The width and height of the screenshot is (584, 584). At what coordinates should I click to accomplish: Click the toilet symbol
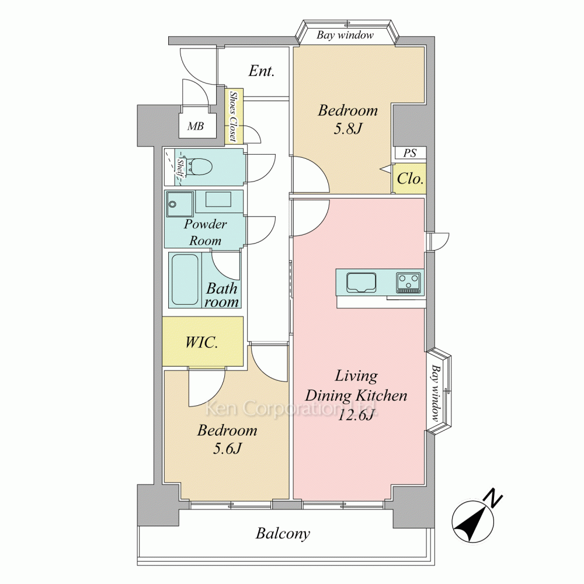tap(200, 166)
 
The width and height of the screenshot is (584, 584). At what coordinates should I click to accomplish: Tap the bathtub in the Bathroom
tap(185, 279)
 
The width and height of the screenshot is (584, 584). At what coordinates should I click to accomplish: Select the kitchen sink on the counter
tap(361, 282)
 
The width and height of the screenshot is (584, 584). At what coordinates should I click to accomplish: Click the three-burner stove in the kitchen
tap(409, 282)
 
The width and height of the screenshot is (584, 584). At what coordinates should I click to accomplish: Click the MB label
tap(196, 127)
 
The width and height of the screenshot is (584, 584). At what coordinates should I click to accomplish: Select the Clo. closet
tap(410, 179)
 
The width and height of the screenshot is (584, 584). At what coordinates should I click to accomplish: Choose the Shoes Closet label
tap(234, 117)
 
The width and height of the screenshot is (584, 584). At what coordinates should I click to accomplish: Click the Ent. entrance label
tap(262, 71)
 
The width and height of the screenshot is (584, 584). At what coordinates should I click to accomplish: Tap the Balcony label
tap(283, 534)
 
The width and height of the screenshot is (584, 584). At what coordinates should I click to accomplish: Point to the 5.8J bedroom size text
tap(347, 129)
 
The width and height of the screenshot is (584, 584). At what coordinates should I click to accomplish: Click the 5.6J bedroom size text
tap(227, 449)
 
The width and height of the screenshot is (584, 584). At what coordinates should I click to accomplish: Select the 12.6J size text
tap(356, 415)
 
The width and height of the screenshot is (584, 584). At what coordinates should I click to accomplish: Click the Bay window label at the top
tap(345, 35)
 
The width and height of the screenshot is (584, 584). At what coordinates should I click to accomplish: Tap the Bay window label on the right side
tap(435, 392)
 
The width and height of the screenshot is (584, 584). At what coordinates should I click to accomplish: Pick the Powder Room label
tap(205, 232)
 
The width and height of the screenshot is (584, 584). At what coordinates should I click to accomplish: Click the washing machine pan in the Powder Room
tap(180, 204)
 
